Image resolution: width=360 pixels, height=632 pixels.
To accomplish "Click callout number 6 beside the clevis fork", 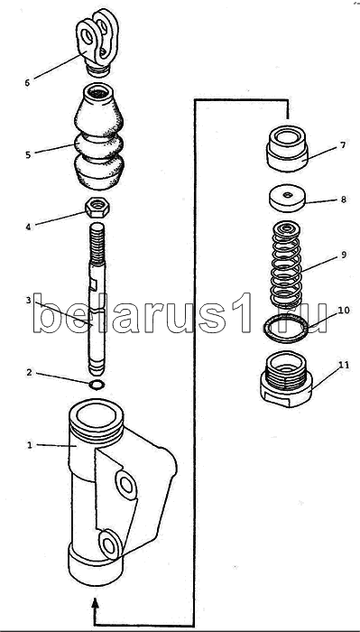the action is point(27,83).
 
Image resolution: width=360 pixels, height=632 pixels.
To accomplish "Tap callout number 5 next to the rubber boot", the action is point(28,154).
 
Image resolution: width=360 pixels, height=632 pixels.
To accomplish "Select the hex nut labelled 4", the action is point(97,209).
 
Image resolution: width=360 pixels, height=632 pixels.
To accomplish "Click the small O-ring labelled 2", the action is point(97,385).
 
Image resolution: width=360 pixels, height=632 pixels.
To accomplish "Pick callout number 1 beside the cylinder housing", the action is point(29,445).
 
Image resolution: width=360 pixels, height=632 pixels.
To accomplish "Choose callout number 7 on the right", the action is point(342,144).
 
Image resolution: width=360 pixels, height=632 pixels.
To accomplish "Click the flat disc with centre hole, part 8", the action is point(287,198).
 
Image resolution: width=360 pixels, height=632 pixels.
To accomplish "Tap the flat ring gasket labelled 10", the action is point(285,329).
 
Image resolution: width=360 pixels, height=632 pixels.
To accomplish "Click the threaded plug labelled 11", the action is point(287,379).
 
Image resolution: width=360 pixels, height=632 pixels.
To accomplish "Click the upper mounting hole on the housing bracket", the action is point(126,485).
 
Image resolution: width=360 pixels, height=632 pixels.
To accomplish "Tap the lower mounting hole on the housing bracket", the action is point(109,544).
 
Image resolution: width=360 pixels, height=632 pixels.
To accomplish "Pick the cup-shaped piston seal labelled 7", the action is point(287,149).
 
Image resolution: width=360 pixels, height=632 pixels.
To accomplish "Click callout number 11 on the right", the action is point(345,366).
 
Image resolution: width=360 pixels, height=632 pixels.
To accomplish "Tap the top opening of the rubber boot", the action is point(98,92).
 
